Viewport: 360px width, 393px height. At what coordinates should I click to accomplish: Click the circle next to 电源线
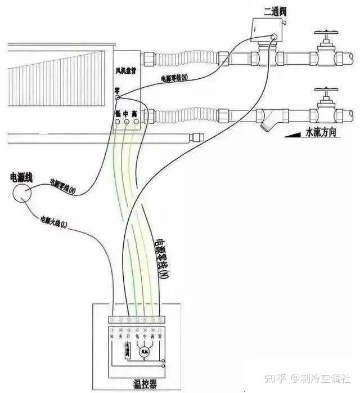pyautogui.click(x=22, y=193)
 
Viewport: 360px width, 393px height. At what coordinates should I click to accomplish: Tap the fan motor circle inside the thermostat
pyautogui.click(x=149, y=351)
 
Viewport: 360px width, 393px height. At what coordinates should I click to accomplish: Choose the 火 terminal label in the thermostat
pyautogui.click(x=112, y=337)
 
